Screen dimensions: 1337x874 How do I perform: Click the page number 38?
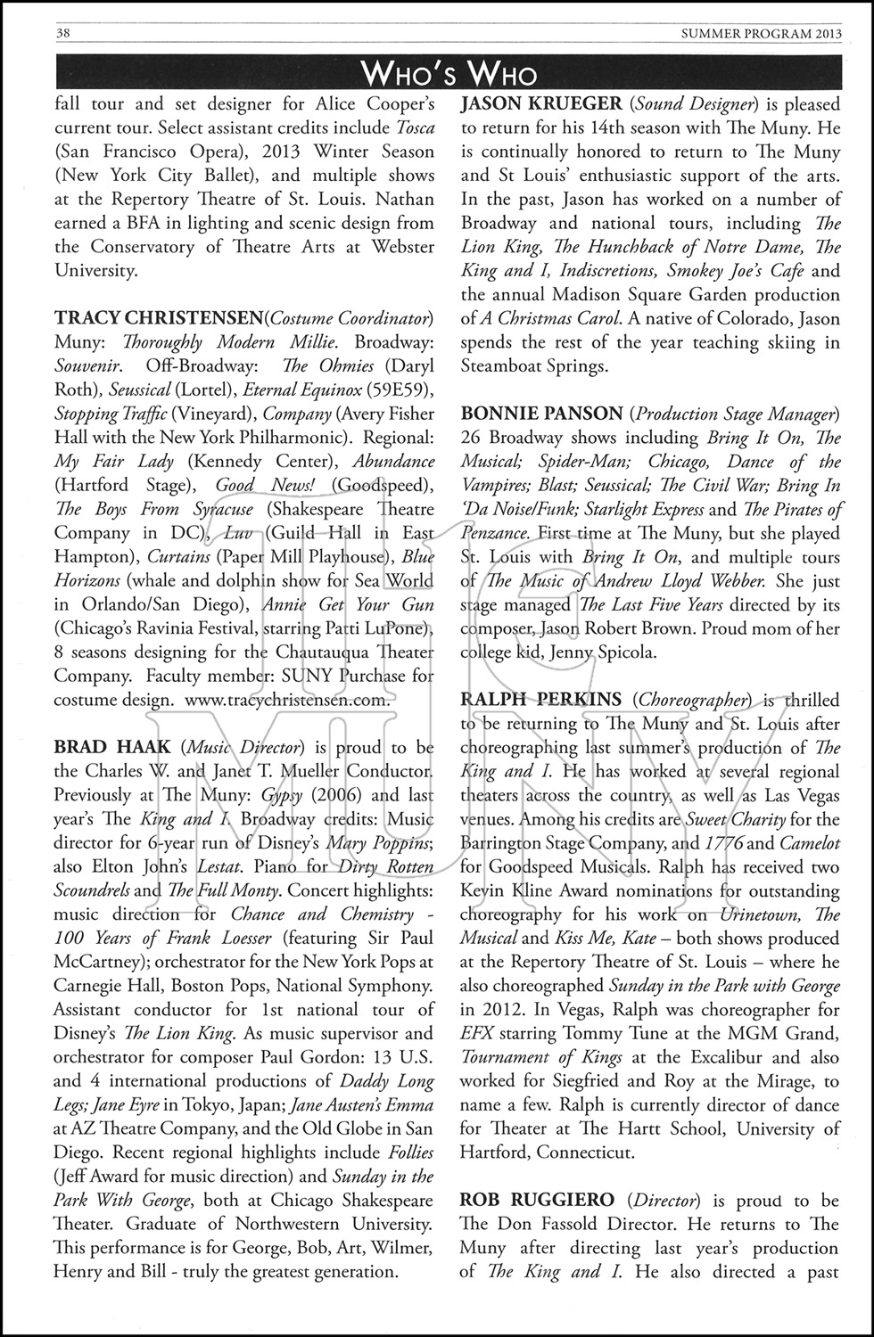[37, 33]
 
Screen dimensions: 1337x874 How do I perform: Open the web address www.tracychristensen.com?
[287, 700]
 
